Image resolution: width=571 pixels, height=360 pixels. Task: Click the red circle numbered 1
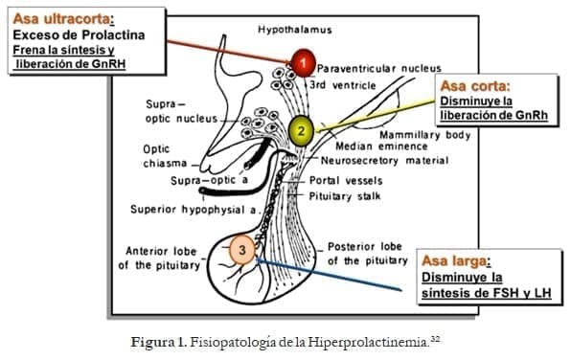[x=303, y=64]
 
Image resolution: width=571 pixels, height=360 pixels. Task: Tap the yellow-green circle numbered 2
[x=301, y=130]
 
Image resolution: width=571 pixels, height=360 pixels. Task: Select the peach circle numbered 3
[x=243, y=253]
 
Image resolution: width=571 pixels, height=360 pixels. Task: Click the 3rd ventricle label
[x=349, y=84]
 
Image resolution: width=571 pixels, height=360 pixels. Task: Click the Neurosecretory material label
[x=383, y=162]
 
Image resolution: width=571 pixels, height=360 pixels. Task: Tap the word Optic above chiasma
[x=156, y=149]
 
